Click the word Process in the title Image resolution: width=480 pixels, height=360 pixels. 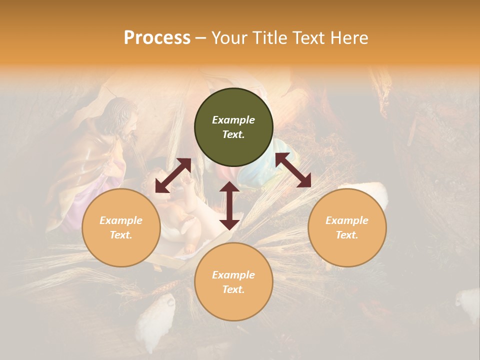point(157,38)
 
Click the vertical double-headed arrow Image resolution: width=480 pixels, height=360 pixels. point(229,205)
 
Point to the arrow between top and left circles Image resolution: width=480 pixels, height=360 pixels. point(173,175)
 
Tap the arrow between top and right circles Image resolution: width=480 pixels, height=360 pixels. point(293,170)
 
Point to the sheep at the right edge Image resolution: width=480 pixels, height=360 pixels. point(467,302)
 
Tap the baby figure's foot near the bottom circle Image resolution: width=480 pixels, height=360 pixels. point(190,248)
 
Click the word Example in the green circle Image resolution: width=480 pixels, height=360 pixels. point(233,120)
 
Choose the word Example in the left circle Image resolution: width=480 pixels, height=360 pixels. point(121,220)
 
